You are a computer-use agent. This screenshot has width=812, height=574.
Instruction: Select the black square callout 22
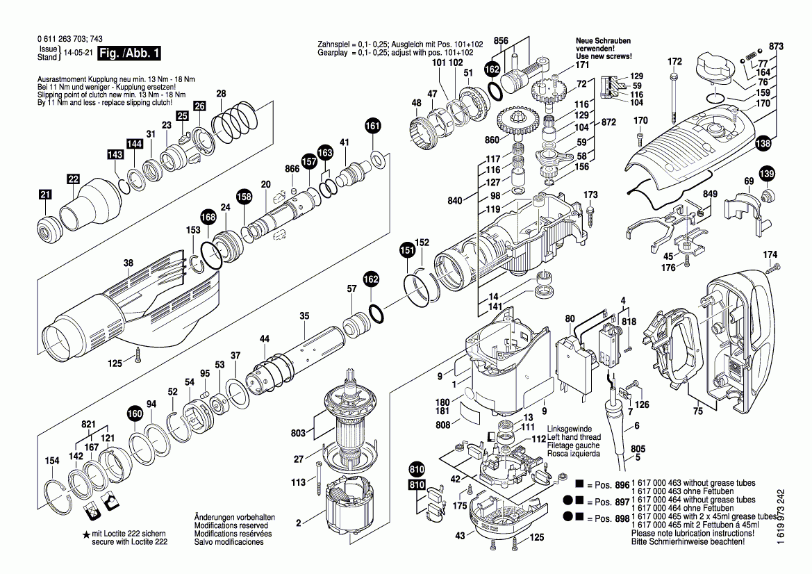(73, 179)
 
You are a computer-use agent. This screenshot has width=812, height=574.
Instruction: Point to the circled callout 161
(373, 126)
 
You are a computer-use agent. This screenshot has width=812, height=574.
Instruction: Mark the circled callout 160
(134, 414)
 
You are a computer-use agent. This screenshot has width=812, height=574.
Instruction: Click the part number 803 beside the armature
(298, 434)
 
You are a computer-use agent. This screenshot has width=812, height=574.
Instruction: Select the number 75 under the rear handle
(698, 411)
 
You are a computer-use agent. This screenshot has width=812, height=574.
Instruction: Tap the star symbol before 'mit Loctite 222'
(85, 534)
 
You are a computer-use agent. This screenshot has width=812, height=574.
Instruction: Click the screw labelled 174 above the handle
(770, 265)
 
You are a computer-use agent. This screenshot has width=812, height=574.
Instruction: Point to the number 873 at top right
(776, 46)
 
